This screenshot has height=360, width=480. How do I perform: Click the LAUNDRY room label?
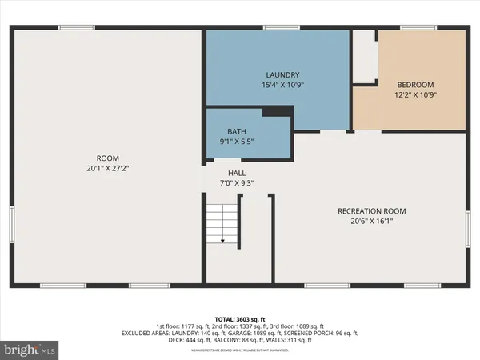277,74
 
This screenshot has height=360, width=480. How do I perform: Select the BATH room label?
236,131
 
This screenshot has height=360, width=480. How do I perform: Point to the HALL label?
236,172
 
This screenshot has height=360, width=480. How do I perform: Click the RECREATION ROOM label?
371,211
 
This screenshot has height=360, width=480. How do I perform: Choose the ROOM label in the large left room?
107,158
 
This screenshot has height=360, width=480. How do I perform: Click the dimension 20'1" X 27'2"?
107,169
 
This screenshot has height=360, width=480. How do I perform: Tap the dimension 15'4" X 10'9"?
277,85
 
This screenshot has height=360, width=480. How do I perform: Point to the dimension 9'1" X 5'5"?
236,142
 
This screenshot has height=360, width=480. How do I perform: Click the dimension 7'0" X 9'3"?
236,182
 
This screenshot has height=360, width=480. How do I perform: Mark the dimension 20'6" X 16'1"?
371,222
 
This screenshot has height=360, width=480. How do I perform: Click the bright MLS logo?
31,350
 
